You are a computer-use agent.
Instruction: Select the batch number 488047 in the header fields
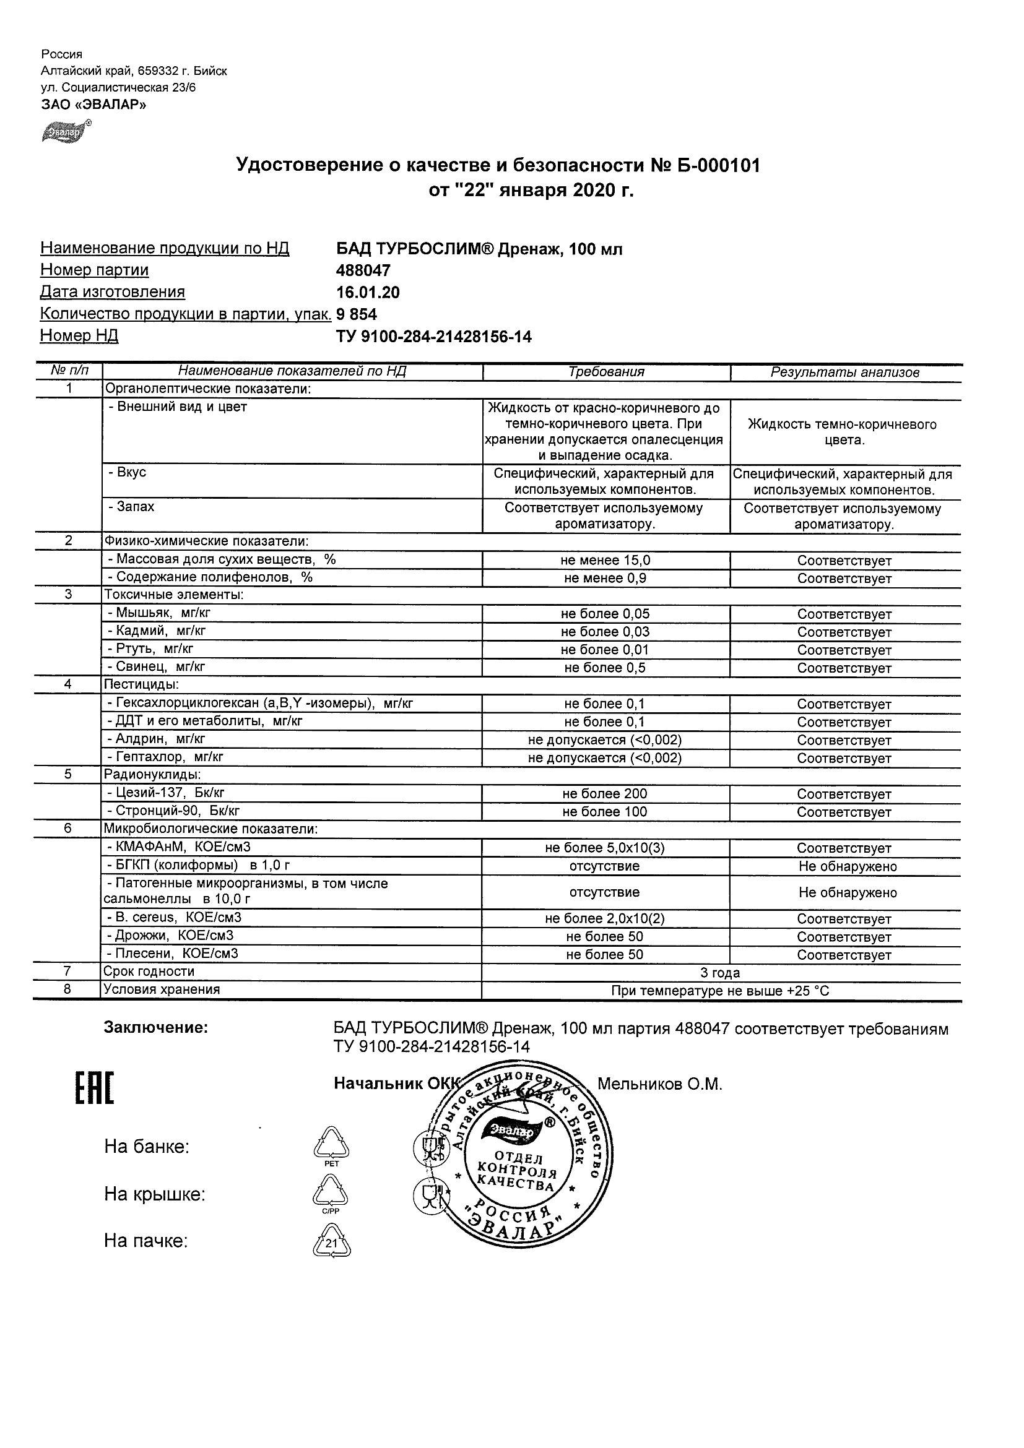pos(363,270)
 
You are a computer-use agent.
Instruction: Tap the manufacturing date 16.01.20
pos(368,293)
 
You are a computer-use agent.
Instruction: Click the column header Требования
pos(605,372)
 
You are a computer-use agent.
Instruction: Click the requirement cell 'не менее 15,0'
pos(605,561)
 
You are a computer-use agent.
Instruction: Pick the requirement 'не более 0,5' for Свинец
pos(604,668)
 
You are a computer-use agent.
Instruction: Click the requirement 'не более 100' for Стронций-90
pos(604,812)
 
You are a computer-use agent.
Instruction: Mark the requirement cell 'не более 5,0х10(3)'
pos(604,848)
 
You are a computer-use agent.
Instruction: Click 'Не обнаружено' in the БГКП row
pos(847,866)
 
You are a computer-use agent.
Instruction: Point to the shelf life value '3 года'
pos(720,973)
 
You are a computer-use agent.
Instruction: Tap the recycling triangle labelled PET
pos(331,1146)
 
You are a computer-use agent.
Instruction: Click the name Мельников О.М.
pos(659,1084)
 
